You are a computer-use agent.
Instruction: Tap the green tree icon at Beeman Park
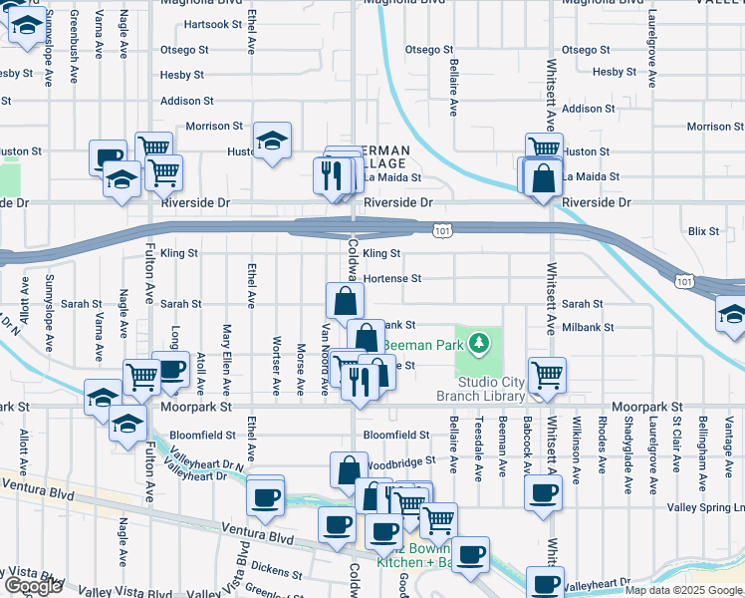(x=480, y=344)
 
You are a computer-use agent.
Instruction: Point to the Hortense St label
(x=392, y=279)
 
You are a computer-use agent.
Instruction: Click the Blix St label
(x=703, y=231)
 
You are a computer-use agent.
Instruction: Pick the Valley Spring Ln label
(x=705, y=507)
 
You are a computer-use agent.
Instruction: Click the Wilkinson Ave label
(x=577, y=446)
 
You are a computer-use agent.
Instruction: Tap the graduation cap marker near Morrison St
(x=271, y=141)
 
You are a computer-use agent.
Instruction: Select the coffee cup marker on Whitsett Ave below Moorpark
(x=543, y=492)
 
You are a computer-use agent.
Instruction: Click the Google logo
(x=33, y=586)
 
